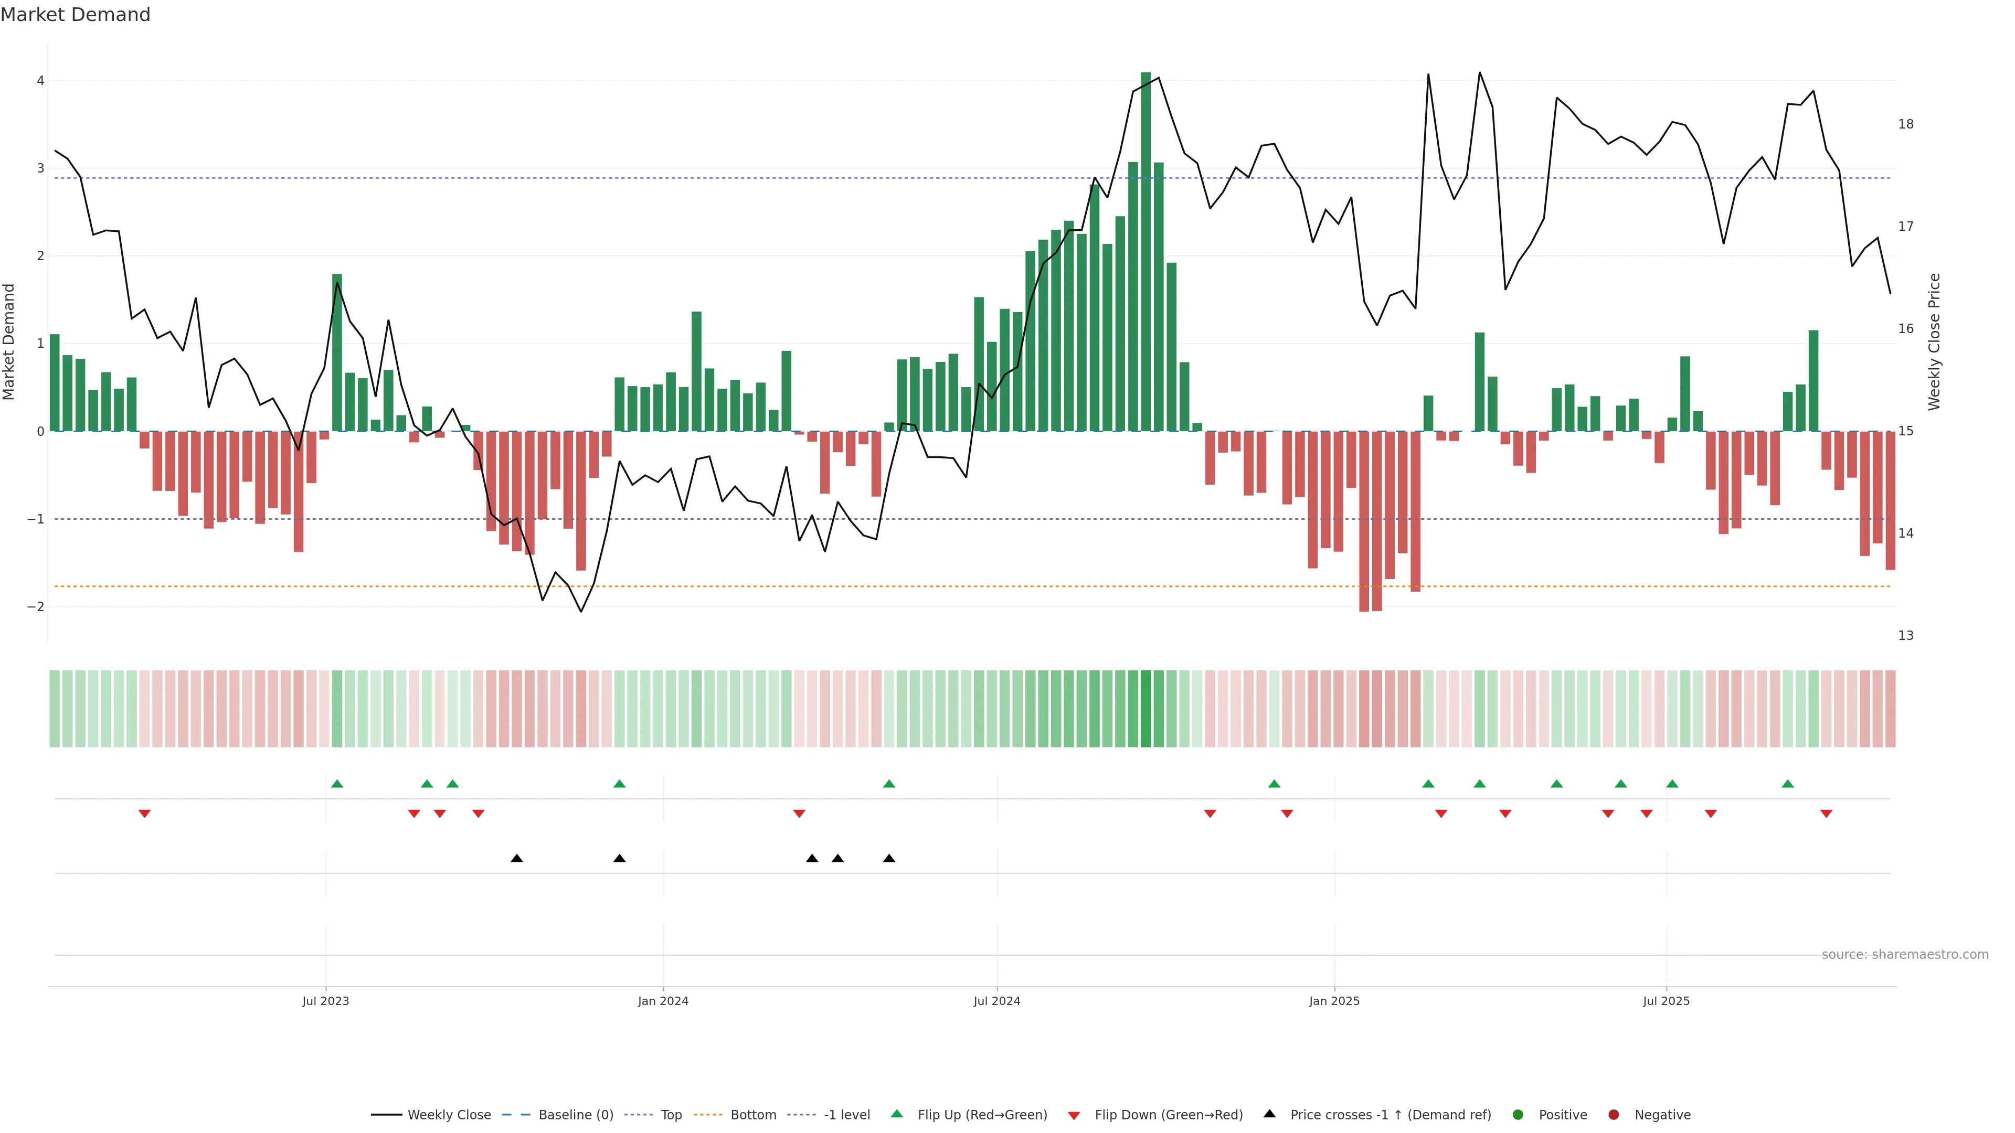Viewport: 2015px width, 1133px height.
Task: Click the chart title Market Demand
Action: (x=75, y=15)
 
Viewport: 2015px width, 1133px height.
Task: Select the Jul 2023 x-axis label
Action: (x=325, y=1001)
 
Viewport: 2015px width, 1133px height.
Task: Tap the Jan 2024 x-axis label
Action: (x=663, y=1001)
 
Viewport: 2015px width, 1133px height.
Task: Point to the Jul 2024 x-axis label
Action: (x=996, y=1001)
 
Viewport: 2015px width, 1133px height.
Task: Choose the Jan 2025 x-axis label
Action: (x=1334, y=1001)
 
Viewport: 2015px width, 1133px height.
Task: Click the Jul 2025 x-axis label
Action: (x=1666, y=1001)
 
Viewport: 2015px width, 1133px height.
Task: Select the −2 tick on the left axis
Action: (x=36, y=607)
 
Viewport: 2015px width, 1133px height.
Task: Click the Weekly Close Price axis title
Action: (x=1934, y=341)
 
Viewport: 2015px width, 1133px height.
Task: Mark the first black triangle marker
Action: (x=516, y=859)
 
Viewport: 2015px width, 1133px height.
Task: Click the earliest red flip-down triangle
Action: (x=144, y=814)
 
